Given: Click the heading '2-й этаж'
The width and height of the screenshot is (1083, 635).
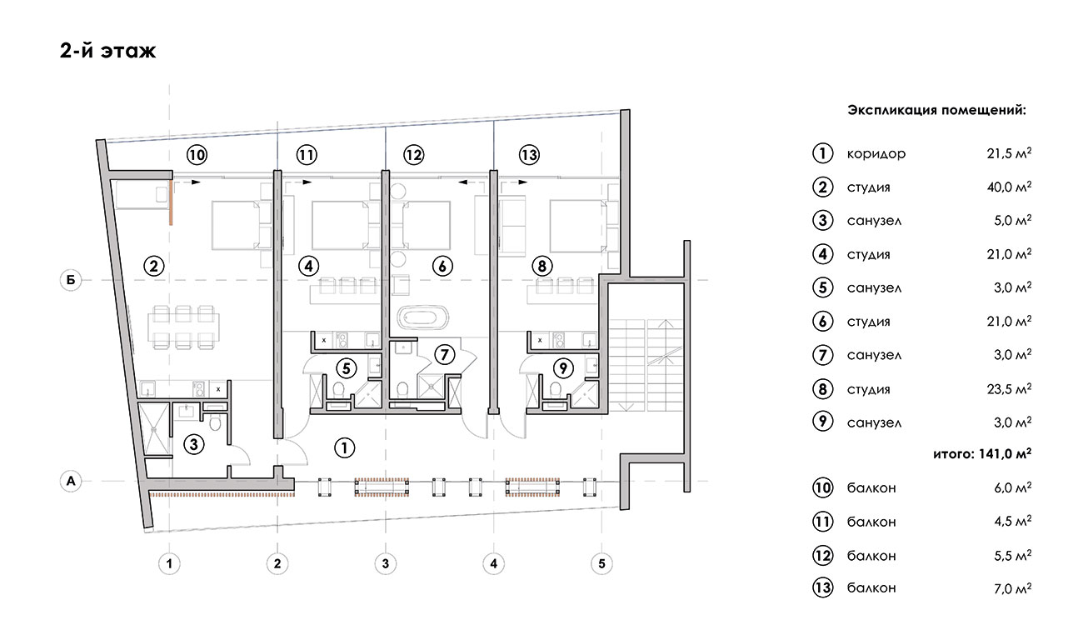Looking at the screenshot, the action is (107, 51).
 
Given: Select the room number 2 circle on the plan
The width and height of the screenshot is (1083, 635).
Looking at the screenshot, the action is (154, 266).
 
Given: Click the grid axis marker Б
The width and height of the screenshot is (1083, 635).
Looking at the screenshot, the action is (71, 280).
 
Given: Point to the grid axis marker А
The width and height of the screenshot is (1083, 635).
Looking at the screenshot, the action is (71, 481).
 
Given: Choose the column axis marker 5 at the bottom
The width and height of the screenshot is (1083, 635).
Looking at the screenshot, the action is (602, 563).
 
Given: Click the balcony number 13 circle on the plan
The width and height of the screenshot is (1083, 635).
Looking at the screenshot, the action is (529, 155).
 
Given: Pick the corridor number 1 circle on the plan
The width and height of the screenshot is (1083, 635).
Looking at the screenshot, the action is (344, 447).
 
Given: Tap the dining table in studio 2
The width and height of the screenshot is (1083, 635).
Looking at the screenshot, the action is (183, 327).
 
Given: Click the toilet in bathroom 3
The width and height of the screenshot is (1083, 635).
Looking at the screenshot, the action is (215, 423).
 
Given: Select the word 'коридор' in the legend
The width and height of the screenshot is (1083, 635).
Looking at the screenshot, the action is (876, 154).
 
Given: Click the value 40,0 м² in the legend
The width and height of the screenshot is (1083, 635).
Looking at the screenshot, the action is (1009, 187).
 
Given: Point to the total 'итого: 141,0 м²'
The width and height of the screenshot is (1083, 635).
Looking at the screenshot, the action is (982, 454).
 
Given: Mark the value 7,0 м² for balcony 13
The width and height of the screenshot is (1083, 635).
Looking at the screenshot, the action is (1012, 588).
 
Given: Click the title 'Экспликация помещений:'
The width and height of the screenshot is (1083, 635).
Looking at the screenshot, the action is (936, 110).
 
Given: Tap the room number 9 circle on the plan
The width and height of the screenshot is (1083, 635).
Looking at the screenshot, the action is (563, 369).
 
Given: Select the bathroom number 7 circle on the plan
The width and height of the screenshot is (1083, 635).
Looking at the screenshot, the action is (444, 355).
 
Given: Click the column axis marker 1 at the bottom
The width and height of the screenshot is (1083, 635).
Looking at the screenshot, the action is (169, 563).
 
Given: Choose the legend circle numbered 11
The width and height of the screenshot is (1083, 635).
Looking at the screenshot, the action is (822, 522).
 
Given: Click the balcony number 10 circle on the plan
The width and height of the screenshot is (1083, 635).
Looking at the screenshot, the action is (197, 155).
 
